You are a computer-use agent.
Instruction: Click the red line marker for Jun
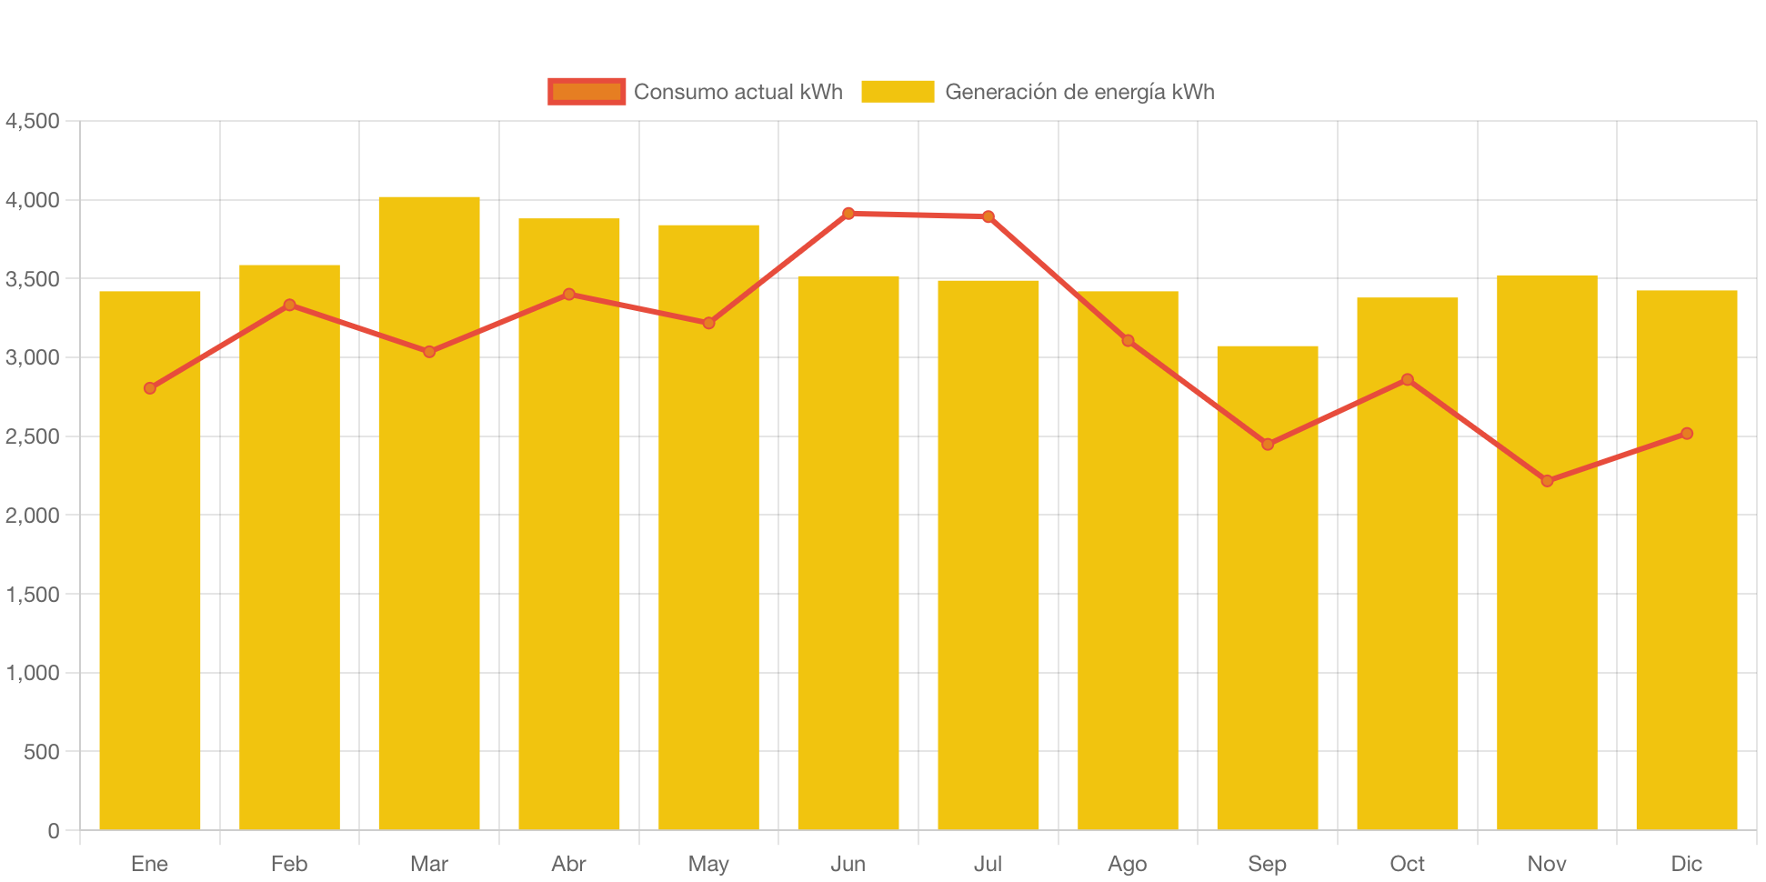click(848, 214)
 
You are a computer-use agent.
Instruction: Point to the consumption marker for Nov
click(1547, 480)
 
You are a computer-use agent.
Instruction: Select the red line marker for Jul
click(988, 216)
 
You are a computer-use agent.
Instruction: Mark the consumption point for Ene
click(150, 388)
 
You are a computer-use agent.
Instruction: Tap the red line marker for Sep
click(1268, 445)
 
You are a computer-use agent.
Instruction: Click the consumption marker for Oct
click(1407, 379)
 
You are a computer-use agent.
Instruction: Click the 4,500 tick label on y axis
click(33, 121)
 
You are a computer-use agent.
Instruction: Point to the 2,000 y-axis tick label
click(33, 516)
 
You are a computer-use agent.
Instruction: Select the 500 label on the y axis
click(42, 752)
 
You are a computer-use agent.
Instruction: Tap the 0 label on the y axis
click(54, 831)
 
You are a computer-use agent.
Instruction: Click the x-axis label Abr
click(568, 864)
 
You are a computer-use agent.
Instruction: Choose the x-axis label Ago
click(1127, 864)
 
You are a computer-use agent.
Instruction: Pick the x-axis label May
click(708, 864)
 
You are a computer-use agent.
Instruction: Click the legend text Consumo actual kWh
click(738, 92)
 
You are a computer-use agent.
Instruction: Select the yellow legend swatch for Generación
click(898, 92)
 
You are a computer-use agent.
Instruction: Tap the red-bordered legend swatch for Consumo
click(587, 92)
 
